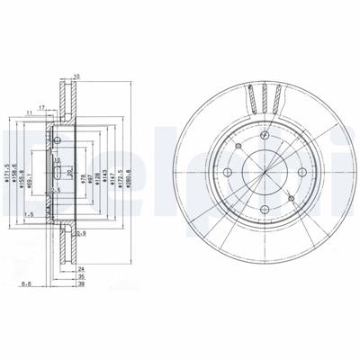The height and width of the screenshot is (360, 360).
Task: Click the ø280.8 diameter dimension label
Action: coord(131,168)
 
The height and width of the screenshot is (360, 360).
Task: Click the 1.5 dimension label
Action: coord(29,215)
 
